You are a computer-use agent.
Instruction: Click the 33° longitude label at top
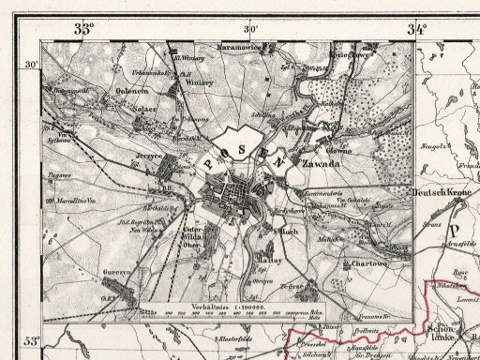click(84, 29)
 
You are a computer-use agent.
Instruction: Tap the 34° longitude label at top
click(417, 29)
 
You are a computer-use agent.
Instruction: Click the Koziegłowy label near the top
click(349, 55)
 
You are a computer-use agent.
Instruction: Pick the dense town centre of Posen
click(241, 195)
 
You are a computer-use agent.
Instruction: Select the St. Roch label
click(286, 230)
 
